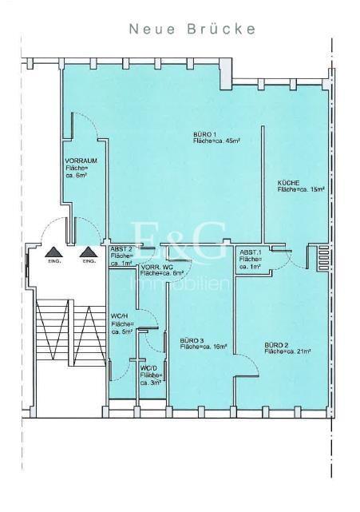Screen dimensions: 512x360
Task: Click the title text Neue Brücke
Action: (x=193, y=30)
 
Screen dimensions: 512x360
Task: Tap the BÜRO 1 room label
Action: (x=205, y=133)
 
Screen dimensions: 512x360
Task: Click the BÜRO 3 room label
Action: (x=192, y=340)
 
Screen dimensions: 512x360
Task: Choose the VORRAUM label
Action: (x=81, y=161)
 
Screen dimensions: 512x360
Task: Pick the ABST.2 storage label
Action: (x=121, y=249)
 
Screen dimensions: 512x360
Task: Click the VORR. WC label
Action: (x=157, y=267)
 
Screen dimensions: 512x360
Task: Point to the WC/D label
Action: (x=148, y=368)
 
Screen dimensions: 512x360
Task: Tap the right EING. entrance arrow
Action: (x=88, y=252)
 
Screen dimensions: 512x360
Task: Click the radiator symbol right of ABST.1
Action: (x=322, y=260)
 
